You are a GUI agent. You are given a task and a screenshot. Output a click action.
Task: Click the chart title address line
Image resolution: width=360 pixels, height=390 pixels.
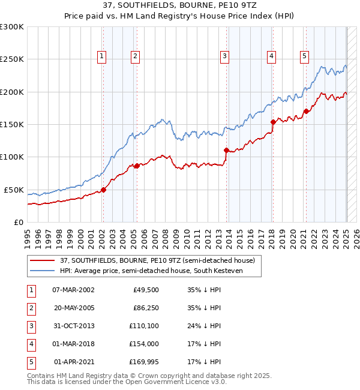(x=179, y=6)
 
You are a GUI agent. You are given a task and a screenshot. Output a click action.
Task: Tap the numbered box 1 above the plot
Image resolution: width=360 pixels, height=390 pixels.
(x=102, y=56)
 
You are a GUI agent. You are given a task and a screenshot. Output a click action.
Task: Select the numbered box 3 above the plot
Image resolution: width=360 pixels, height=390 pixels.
(x=224, y=56)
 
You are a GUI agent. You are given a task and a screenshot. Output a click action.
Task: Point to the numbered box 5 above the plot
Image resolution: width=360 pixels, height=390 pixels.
(x=304, y=56)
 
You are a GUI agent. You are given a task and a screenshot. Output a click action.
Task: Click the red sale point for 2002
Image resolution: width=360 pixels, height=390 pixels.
(x=103, y=190)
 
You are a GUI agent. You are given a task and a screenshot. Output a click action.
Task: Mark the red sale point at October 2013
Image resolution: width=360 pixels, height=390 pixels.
(x=226, y=150)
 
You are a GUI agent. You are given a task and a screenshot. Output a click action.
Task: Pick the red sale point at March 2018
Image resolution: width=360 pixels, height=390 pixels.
(x=272, y=122)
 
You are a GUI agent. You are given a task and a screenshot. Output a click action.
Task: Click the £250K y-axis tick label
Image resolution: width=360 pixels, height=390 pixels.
(x=12, y=59)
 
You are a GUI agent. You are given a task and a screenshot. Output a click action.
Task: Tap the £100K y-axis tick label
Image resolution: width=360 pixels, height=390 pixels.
(x=12, y=157)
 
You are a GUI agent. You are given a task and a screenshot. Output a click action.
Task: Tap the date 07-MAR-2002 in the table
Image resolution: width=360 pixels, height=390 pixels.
(x=73, y=290)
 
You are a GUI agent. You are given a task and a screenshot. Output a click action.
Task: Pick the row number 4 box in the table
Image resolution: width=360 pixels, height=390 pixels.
(x=31, y=344)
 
